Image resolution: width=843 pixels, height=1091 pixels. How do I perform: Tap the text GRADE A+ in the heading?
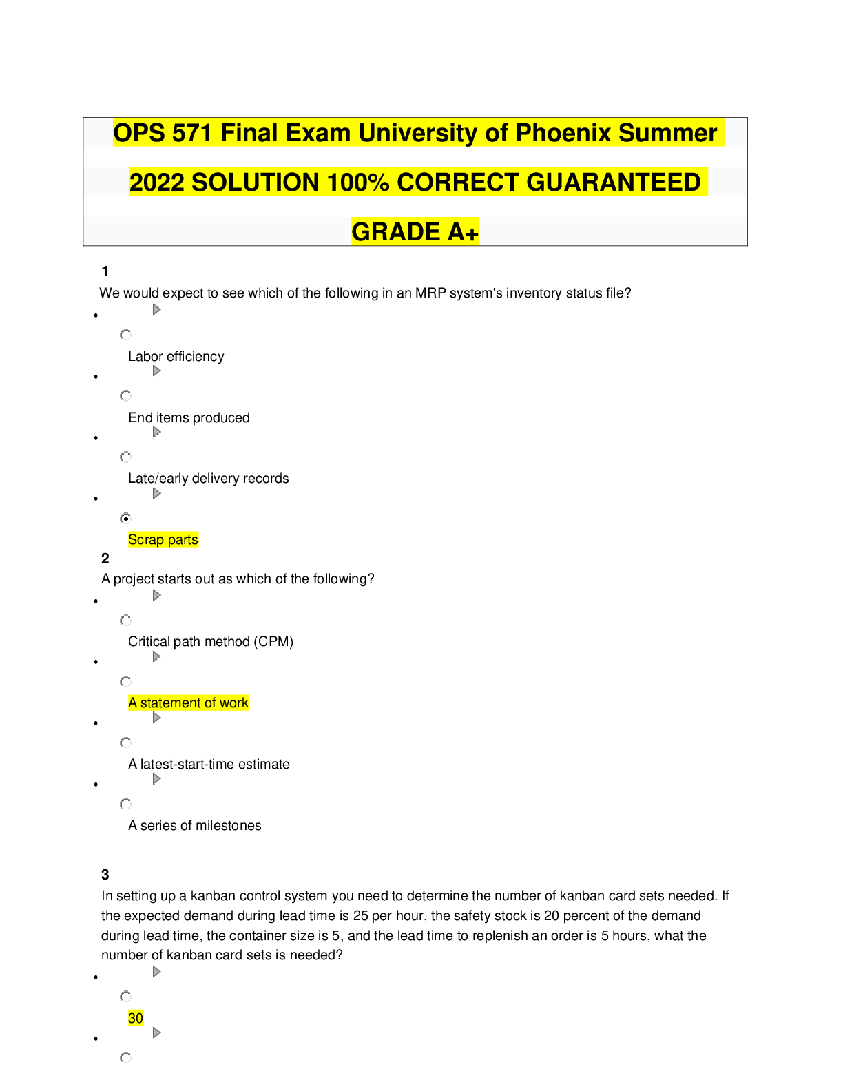click(415, 232)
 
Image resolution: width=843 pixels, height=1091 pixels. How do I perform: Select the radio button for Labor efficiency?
click(125, 334)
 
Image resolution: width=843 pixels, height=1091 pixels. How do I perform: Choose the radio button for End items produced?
click(125, 395)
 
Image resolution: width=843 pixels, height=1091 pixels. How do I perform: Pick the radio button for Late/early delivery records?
click(125, 457)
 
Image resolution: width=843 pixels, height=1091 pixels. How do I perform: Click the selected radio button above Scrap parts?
click(125, 518)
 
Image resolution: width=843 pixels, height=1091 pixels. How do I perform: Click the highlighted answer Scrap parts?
click(163, 540)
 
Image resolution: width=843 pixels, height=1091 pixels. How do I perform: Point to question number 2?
click(105, 559)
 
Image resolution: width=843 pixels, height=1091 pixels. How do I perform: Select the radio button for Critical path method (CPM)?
click(125, 620)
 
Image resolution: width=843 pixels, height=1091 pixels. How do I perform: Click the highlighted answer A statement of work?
click(188, 703)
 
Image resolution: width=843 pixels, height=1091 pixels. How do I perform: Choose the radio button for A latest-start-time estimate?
click(125, 742)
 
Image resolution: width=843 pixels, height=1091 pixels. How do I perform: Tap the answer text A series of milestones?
click(195, 825)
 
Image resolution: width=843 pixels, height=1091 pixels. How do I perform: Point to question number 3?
click(105, 875)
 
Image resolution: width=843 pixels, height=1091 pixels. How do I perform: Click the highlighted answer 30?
click(136, 1018)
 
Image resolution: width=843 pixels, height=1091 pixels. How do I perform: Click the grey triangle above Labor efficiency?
click(156, 309)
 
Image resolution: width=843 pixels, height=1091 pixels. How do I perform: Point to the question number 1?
click(105, 271)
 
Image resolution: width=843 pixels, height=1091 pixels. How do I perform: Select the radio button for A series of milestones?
click(125, 804)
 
